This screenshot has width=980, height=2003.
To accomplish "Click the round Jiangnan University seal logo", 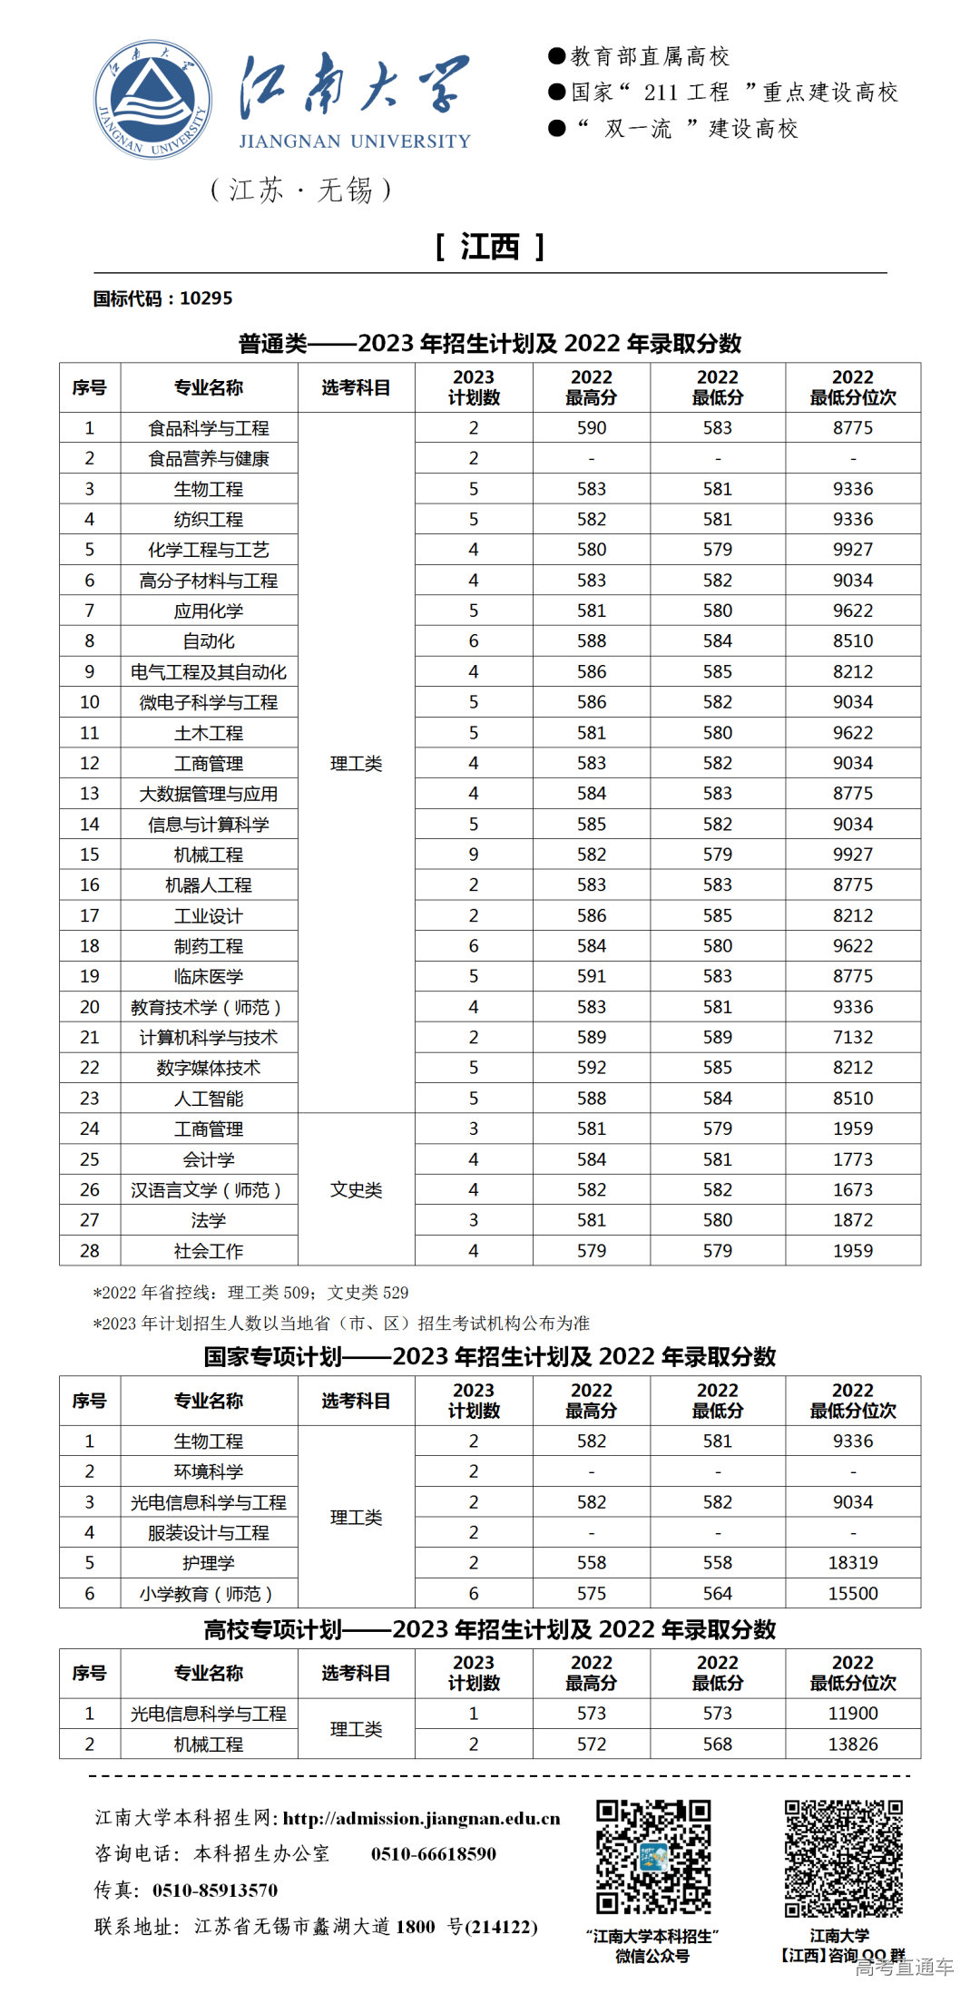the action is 152,99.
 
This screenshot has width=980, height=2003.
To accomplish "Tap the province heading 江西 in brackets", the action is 489,247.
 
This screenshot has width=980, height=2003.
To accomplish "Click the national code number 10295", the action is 206,298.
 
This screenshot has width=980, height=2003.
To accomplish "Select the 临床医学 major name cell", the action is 209,977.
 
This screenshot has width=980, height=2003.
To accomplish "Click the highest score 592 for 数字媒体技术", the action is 592,1068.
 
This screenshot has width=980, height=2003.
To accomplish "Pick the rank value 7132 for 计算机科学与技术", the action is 853,1037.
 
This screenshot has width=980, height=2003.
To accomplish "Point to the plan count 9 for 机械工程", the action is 474,855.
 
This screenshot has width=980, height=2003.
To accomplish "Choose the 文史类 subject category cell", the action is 356,1189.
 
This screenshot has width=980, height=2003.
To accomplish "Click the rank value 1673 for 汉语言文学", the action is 853,1189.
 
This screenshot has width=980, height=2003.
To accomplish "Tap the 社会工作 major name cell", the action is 209,1251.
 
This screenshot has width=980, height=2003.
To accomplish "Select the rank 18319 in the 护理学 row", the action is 853,1563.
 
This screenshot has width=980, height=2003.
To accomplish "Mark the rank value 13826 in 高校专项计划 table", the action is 853,1744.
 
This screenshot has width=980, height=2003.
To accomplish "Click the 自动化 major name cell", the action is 209,641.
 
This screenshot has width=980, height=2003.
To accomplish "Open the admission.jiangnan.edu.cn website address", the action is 421,1819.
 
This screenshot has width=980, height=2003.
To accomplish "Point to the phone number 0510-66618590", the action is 434,1854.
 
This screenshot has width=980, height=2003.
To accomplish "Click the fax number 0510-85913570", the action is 215,1891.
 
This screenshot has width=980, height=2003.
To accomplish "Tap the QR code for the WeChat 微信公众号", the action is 653,1857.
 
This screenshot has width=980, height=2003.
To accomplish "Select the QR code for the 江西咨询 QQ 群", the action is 844,1857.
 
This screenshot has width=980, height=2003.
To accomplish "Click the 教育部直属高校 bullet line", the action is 650,57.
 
